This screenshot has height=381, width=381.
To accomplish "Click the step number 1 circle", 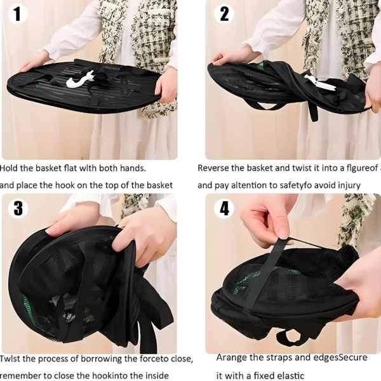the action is coord(18,15).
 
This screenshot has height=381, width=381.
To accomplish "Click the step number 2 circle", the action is coord(224,15).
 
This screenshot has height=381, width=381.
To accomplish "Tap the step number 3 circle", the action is coord(18,208).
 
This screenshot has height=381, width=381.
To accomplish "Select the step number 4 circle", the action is coord(224,208).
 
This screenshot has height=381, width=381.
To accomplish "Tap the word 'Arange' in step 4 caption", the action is coord(229,358).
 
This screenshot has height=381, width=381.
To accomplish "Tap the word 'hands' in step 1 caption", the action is coord(133,168).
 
